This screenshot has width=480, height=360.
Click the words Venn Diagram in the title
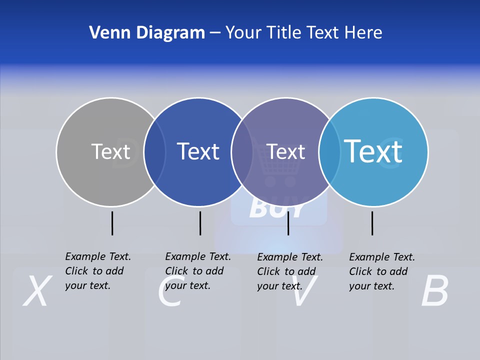pyautogui.click(x=147, y=33)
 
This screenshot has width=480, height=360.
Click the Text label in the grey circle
pyautogui.click(x=110, y=151)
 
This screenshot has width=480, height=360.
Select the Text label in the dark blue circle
pyautogui.click(x=198, y=151)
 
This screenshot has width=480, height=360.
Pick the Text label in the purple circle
pyautogui.click(x=286, y=151)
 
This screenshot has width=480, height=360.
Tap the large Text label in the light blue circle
pyautogui.click(x=373, y=151)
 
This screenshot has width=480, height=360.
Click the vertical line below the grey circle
pyautogui.click(x=112, y=223)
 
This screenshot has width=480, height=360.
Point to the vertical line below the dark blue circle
pyautogui.click(x=200, y=223)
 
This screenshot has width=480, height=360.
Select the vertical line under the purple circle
pyautogui.click(x=288, y=223)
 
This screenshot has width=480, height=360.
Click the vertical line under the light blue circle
pyautogui.click(x=372, y=223)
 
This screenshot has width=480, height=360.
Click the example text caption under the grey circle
pyautogui.click(x=97, y=271)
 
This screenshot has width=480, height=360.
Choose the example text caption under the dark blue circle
pyautogui.click(x=197, y=271)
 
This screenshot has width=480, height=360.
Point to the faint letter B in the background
pyautogui.click(x=434, y=291)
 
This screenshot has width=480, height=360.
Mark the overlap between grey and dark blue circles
pyautogui.click(x=154, y=151)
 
